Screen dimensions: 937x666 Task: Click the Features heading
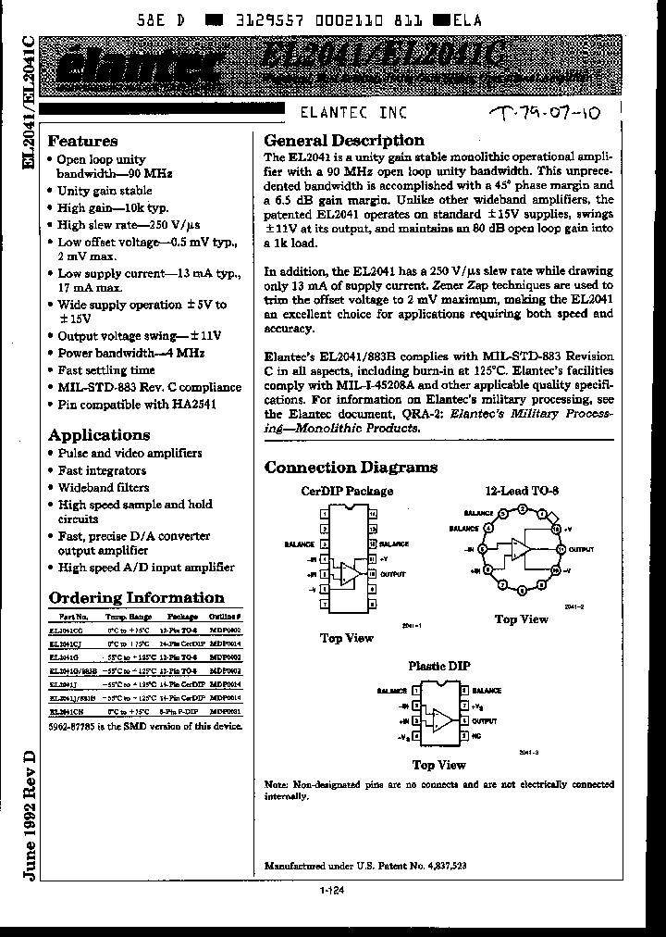[82, 142]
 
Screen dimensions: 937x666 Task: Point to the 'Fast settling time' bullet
[105, 370]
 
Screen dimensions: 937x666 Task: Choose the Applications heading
[99, 435]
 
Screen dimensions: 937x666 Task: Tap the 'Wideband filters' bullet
[103, 487]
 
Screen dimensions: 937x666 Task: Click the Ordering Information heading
[136, 598]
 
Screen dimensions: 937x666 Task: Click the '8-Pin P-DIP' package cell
[182, 711]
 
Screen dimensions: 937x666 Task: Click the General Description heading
[344, 141]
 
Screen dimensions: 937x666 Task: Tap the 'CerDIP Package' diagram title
[347, 491]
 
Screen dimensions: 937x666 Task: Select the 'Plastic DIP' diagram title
[439, 666]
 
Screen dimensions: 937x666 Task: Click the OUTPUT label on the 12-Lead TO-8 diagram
[581, 549]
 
